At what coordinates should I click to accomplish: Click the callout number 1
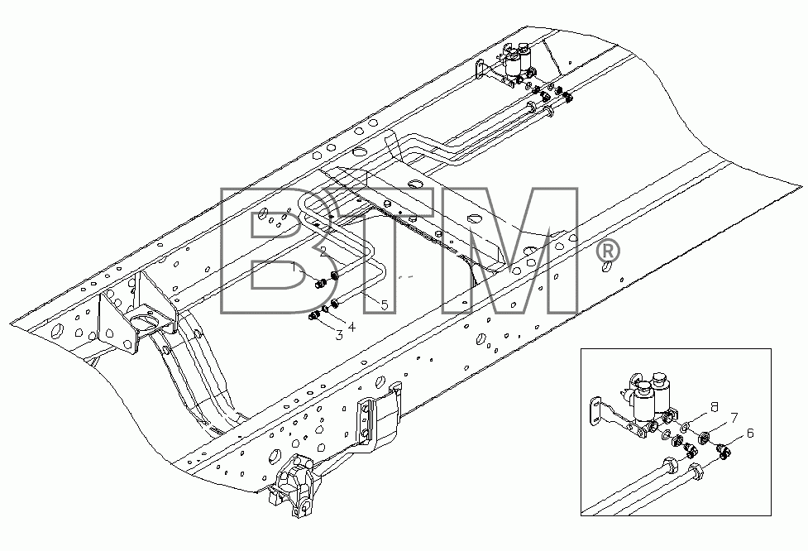[x=294, y=267]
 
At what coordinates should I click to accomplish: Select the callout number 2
[x=323, y=252]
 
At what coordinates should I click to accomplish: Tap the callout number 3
[x=338, y=336]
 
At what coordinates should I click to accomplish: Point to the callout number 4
[x=351, y=327]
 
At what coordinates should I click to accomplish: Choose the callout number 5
[x=385, y=305]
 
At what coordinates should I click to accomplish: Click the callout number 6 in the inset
[x=750, y=434]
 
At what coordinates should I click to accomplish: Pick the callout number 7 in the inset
[x=734, y=418]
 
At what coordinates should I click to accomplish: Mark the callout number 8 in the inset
[x=714, y=407]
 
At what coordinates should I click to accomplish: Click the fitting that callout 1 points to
[x=319, y=283]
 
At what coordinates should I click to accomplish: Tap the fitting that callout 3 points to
[x=313, y=315]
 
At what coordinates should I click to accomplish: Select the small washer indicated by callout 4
[x=325, y=309]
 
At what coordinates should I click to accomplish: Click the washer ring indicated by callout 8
[x=686, y=426]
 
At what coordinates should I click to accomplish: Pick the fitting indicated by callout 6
[x=724, y=453]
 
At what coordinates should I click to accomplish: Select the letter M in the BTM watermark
[x=511, y=251]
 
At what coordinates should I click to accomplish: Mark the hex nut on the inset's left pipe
[x=670, y=466]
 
